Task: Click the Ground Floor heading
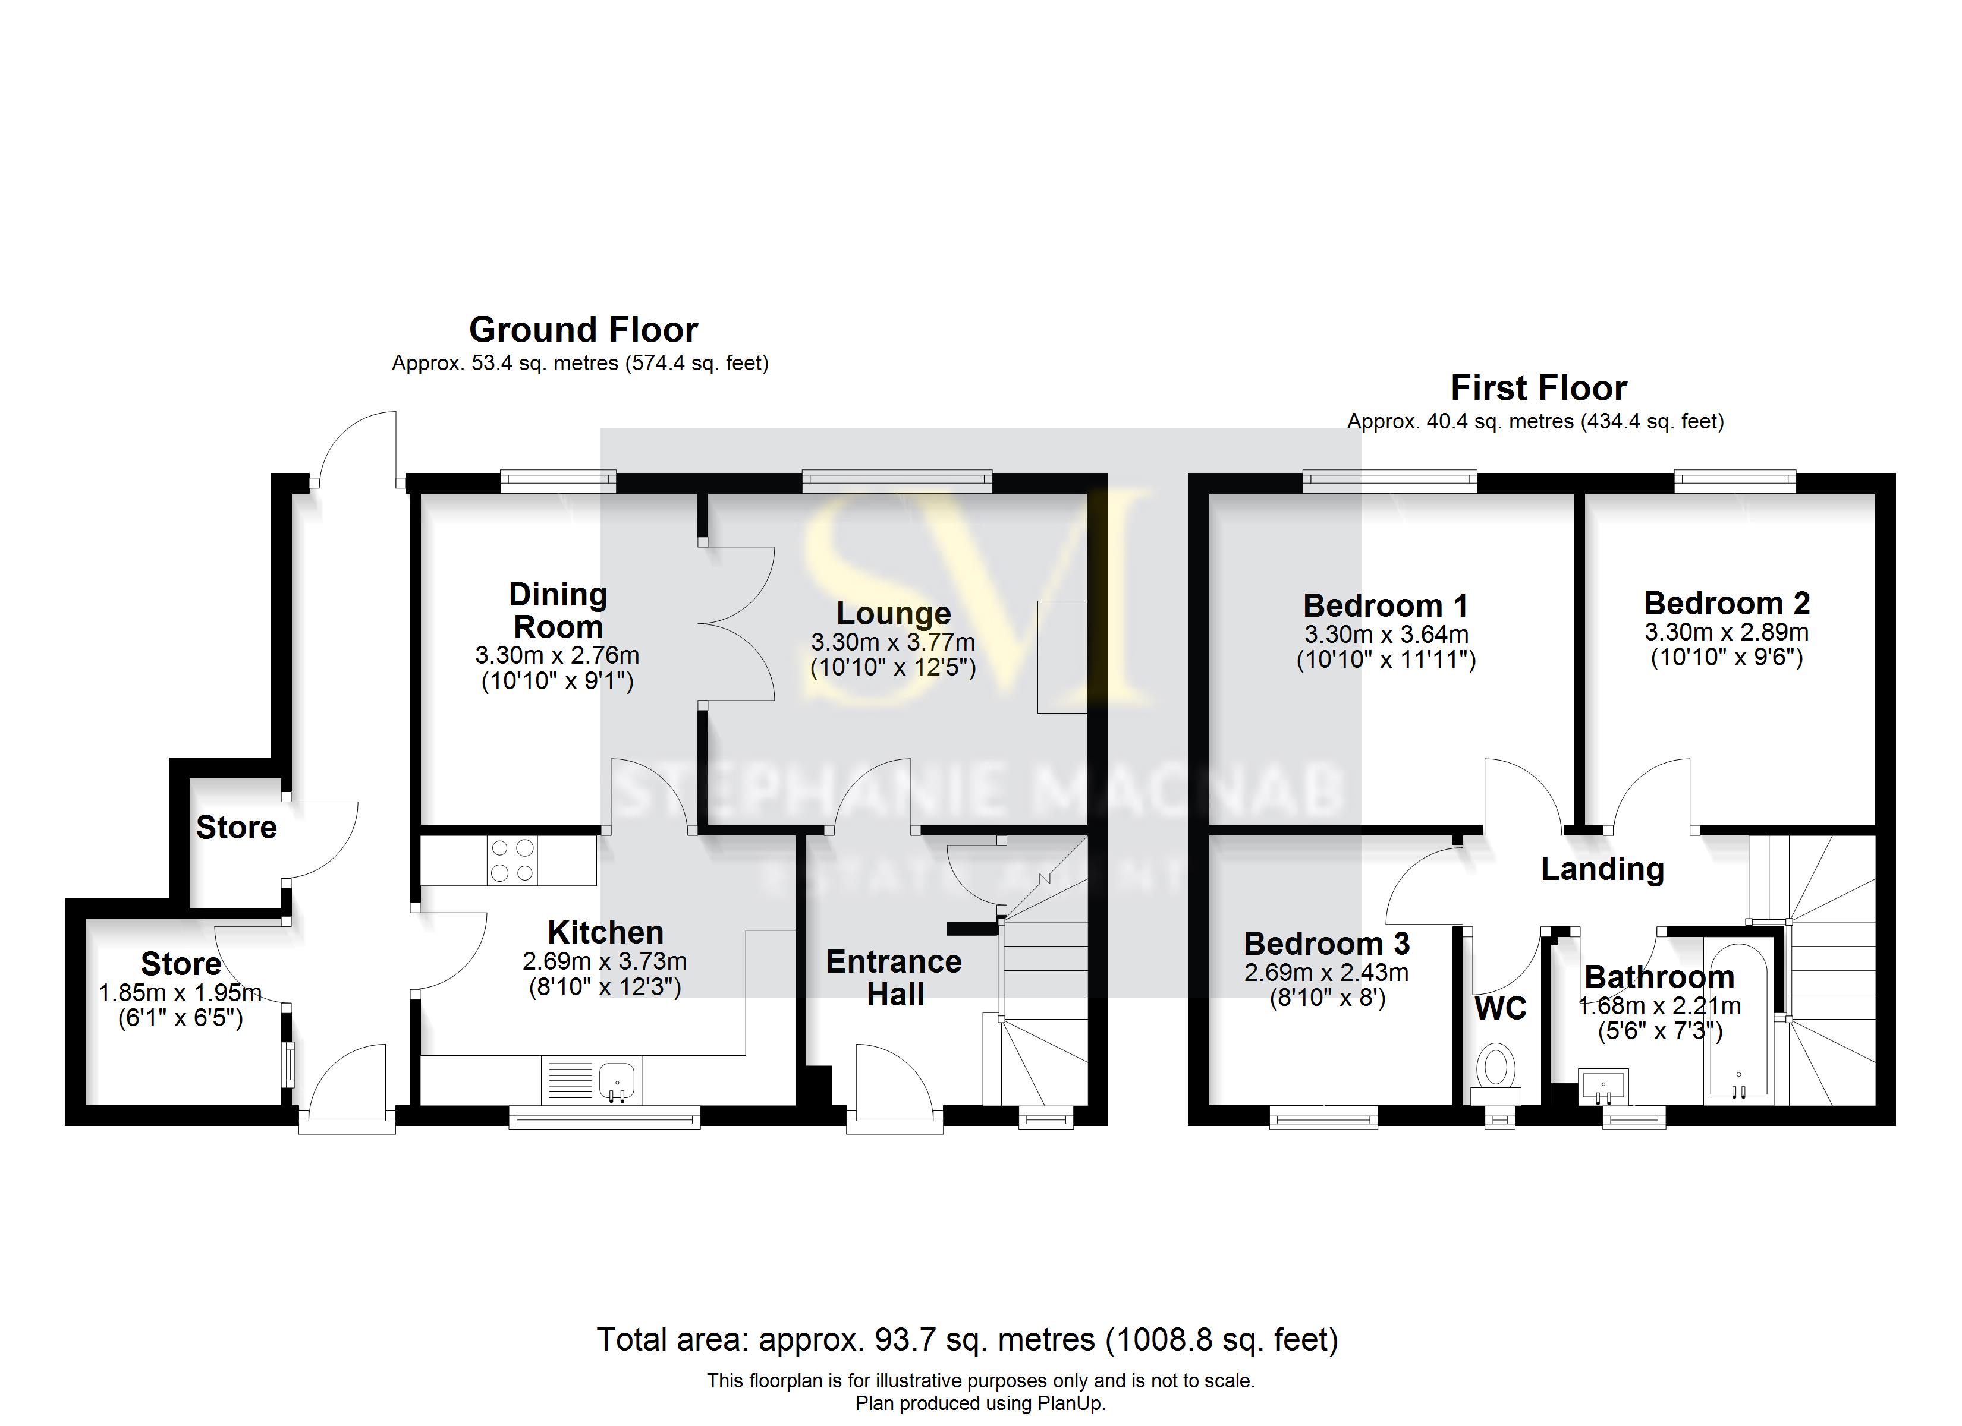583,330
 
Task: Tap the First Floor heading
1538,388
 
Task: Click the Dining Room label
558,611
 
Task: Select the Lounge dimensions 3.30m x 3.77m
893,642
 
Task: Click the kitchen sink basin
617,1080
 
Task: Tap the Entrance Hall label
894,978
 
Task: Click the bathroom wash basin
1603,1087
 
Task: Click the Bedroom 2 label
1726,602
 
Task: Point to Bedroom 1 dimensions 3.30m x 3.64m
1386,635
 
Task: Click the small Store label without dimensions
236,828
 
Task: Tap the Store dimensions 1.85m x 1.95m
180,993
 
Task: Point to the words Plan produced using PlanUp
980,1403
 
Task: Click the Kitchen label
606,932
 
